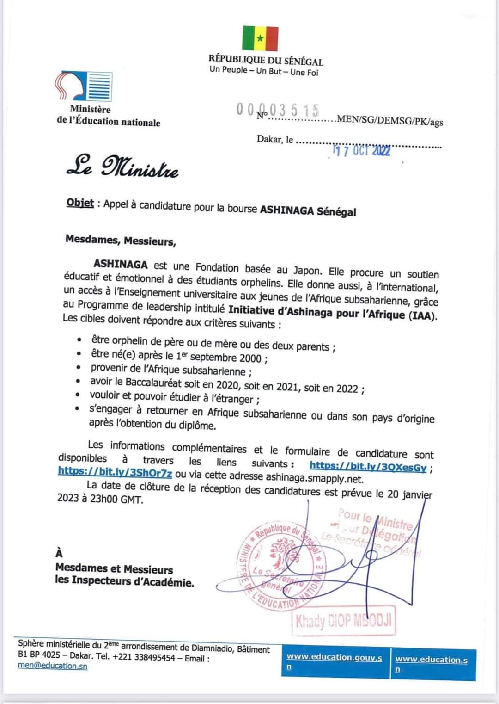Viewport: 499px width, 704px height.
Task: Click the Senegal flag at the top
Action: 260,38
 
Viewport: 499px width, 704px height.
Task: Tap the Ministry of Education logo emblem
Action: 84,86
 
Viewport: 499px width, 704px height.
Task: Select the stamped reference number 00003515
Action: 278,110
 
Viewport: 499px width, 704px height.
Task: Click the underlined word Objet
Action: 80,203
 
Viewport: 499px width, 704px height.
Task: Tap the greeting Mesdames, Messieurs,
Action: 120,241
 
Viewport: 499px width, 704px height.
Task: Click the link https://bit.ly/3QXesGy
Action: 368,467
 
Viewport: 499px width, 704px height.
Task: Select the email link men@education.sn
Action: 52,666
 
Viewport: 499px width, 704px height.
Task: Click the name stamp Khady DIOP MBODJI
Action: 344,621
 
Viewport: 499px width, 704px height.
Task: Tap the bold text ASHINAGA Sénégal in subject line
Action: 308,210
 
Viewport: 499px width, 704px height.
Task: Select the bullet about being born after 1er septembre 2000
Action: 179,356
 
